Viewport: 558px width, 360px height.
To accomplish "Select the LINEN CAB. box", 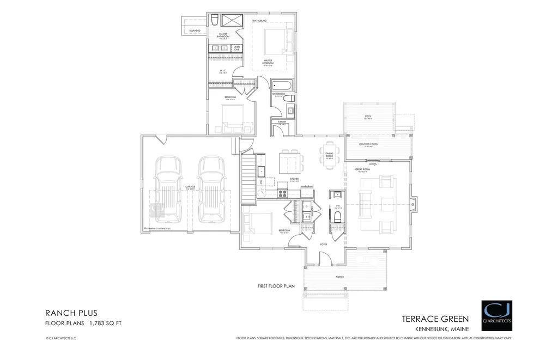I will pyautogui.click(x=236, y=48).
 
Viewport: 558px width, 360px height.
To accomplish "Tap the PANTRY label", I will pyautogui.click(x=282, y=121).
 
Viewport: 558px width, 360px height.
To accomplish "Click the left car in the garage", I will pyautogui.click(x=168, y=189).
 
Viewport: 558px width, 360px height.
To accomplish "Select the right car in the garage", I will pyautogui.click(x=211, y=189).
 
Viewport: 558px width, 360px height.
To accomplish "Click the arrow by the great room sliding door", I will pyautogui.click(x=373, y=162).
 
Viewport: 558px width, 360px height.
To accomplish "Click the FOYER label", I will pyautogui.click(x=324, y=245).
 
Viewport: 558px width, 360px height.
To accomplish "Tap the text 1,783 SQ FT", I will pyautogui.click(x=104, y=323).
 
